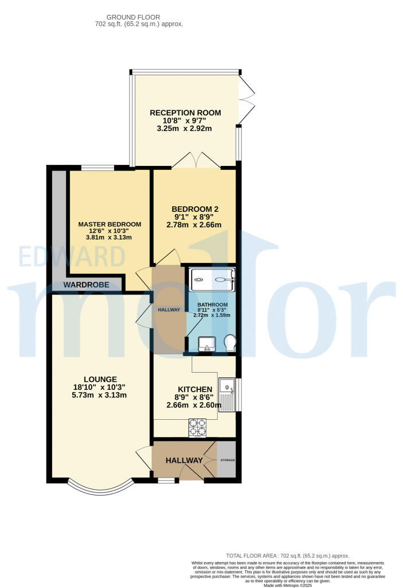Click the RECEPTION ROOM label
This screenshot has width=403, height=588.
185,113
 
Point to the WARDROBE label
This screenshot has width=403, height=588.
86,285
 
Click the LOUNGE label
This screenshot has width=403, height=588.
100,379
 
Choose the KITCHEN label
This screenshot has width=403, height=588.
194,389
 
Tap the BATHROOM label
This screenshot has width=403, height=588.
213,305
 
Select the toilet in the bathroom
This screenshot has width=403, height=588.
230,343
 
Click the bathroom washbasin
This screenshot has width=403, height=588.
205,344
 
